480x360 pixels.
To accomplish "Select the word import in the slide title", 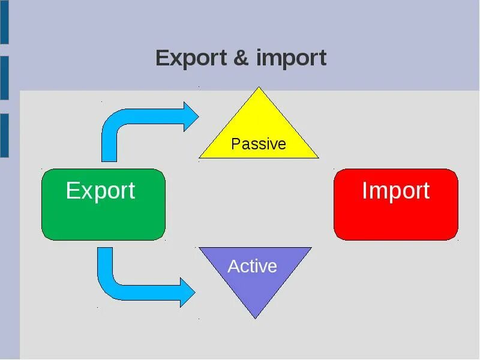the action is (291, 59).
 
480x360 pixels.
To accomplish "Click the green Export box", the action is (103, 219).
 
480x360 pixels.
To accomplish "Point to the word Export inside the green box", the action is (100, 191).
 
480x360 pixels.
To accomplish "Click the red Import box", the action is (396, 219).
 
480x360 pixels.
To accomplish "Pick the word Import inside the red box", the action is (395, 191).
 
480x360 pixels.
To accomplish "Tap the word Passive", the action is (259, 144).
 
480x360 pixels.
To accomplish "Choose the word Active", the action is (252, 266).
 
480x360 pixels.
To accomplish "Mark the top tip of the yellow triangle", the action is (259, 89).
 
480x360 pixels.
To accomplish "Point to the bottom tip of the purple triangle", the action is (256, 316).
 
